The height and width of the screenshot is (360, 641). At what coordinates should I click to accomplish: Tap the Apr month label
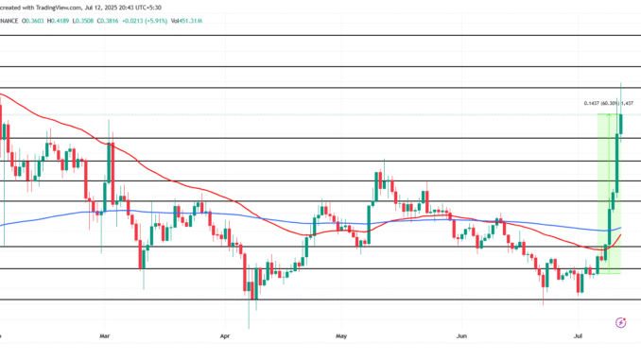pos(224,334)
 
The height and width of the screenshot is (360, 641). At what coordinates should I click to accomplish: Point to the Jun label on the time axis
pos(460,334)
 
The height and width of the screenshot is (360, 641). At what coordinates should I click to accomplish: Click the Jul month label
pos(579,334)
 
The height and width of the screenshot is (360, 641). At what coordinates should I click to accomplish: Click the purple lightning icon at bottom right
pos(620,322)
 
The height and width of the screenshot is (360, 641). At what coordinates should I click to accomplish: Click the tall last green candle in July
pos(621,123)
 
